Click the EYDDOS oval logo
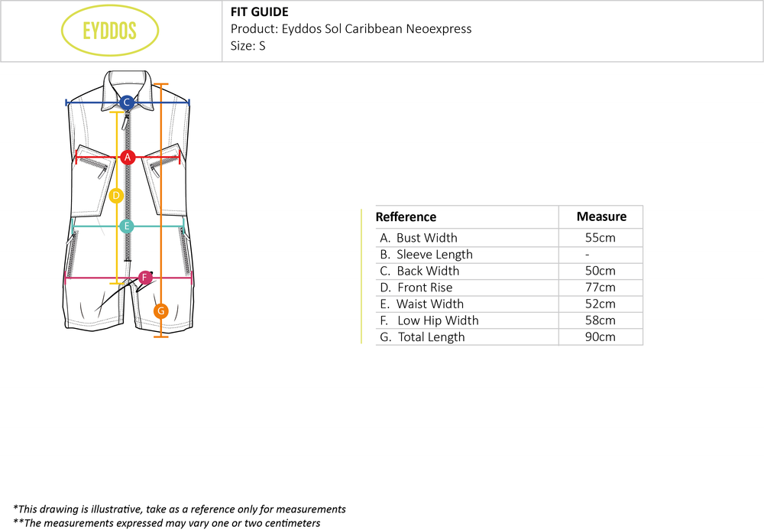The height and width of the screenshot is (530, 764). [x=109, y=31]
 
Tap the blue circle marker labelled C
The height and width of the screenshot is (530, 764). [x=127, y=102]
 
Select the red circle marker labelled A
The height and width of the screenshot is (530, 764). [x=128, y=157]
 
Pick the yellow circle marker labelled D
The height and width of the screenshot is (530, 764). [x=115, y=196]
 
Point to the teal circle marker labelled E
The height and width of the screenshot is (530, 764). [x=127, y=226]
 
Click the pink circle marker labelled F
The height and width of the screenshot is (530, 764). [x=145, y=277]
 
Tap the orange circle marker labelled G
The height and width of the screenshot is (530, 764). [x=160, y=311]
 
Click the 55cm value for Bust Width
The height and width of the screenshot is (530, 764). [x=600, y=238]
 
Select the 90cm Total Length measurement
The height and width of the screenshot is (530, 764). [x=600, y=337]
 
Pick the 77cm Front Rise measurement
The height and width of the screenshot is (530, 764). [x=600, y=288]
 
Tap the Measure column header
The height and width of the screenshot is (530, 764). [x=601, y=216]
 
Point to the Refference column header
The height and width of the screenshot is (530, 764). [x=406, y=217]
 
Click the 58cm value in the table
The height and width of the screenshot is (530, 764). [x=600, y=320]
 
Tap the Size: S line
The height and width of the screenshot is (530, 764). [x=248, y=46]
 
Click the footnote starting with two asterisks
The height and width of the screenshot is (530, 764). [x=167, y=523]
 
